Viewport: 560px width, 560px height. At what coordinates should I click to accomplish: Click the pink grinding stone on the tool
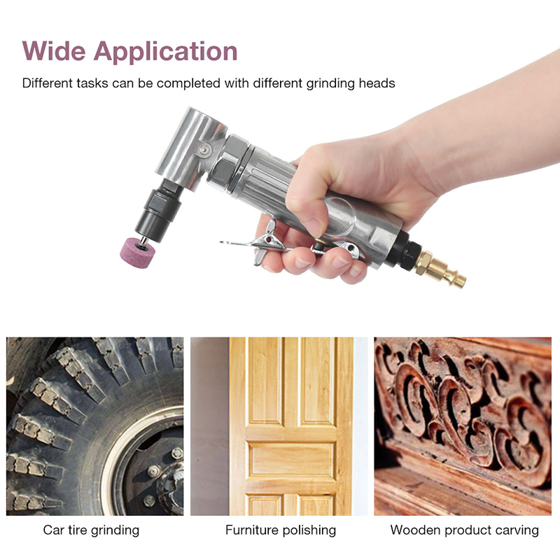[x=136, y=253]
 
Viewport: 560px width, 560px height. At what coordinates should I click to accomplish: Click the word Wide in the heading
[x=54, y=51]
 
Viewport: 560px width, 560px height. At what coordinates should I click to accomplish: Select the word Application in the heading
[x=165, y=52]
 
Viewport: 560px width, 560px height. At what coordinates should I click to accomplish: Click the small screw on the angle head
[x=204, y=150]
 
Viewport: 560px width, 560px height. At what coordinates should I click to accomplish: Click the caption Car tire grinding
[x=91, y=531]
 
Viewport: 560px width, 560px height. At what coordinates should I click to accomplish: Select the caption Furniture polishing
[x=281, y=531]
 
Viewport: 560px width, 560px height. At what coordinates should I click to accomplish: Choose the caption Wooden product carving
[x=465, y=531]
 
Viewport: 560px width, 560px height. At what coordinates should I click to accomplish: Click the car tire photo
[x=95, y=426]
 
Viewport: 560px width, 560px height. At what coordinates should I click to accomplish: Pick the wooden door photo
[x=279, y=426]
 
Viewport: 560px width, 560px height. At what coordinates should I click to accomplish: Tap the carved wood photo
[x=463, y=426]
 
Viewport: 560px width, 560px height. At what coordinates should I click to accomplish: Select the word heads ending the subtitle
[x=377, y=83]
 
